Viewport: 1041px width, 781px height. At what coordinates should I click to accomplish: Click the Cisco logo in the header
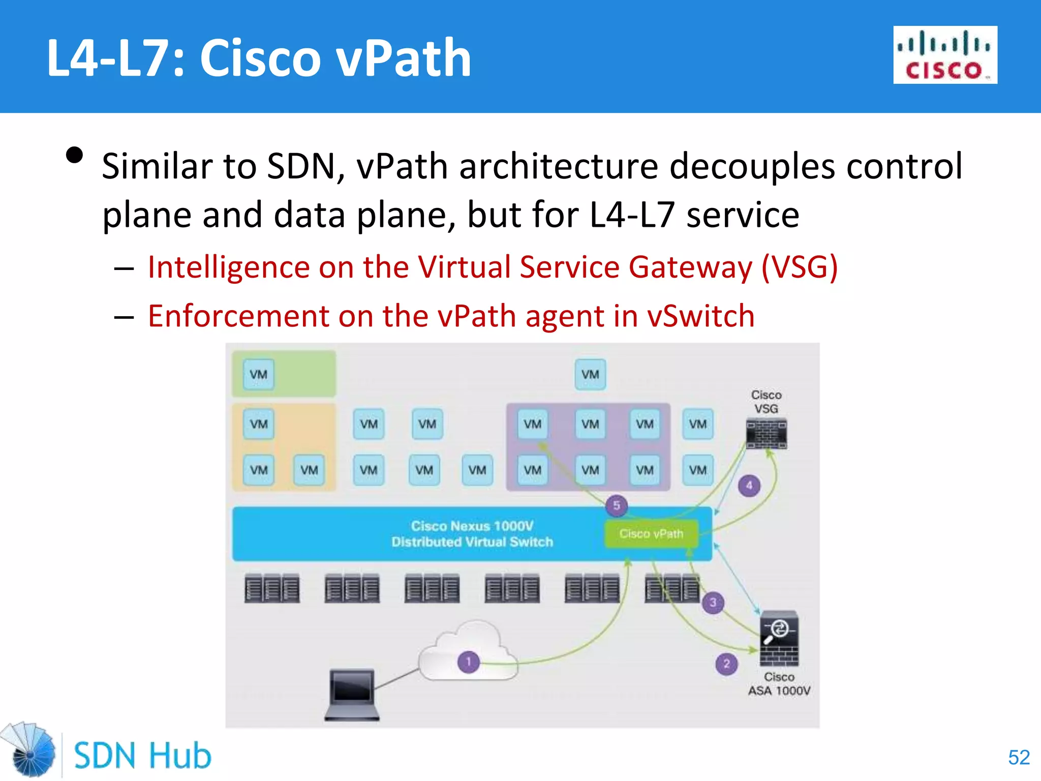click(945, 55)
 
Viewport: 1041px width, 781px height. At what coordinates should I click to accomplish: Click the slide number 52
click(1019, 757)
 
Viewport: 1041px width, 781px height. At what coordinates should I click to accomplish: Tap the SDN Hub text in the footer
click(142, 756)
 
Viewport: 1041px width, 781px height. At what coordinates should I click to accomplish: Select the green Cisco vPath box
click(651, 534)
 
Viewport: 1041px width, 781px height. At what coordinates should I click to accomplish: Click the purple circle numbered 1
click(469, 662)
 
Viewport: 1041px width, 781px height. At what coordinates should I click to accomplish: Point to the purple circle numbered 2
click(726, 664)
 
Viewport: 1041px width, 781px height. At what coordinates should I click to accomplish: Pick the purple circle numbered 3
click(713, 603)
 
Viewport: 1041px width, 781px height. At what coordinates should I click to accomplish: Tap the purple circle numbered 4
click(749, 486)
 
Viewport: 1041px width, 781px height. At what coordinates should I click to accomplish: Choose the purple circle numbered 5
click(617, 505)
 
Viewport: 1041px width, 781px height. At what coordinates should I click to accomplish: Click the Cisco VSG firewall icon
click(766, 433)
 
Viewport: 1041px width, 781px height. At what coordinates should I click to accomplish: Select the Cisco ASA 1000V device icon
click(779, 639)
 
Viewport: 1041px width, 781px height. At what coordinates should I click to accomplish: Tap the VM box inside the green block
click(259, 375)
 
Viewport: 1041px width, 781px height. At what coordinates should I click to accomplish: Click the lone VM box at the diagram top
click(590, 375)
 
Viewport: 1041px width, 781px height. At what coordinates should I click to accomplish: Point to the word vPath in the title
click(405, 58)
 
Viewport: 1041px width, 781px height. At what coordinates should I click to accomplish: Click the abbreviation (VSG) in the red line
click(799, 267)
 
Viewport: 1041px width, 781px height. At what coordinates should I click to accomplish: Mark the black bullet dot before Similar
click(75, 156)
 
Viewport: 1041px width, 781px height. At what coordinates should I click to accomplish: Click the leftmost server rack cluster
click(272, 589)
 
